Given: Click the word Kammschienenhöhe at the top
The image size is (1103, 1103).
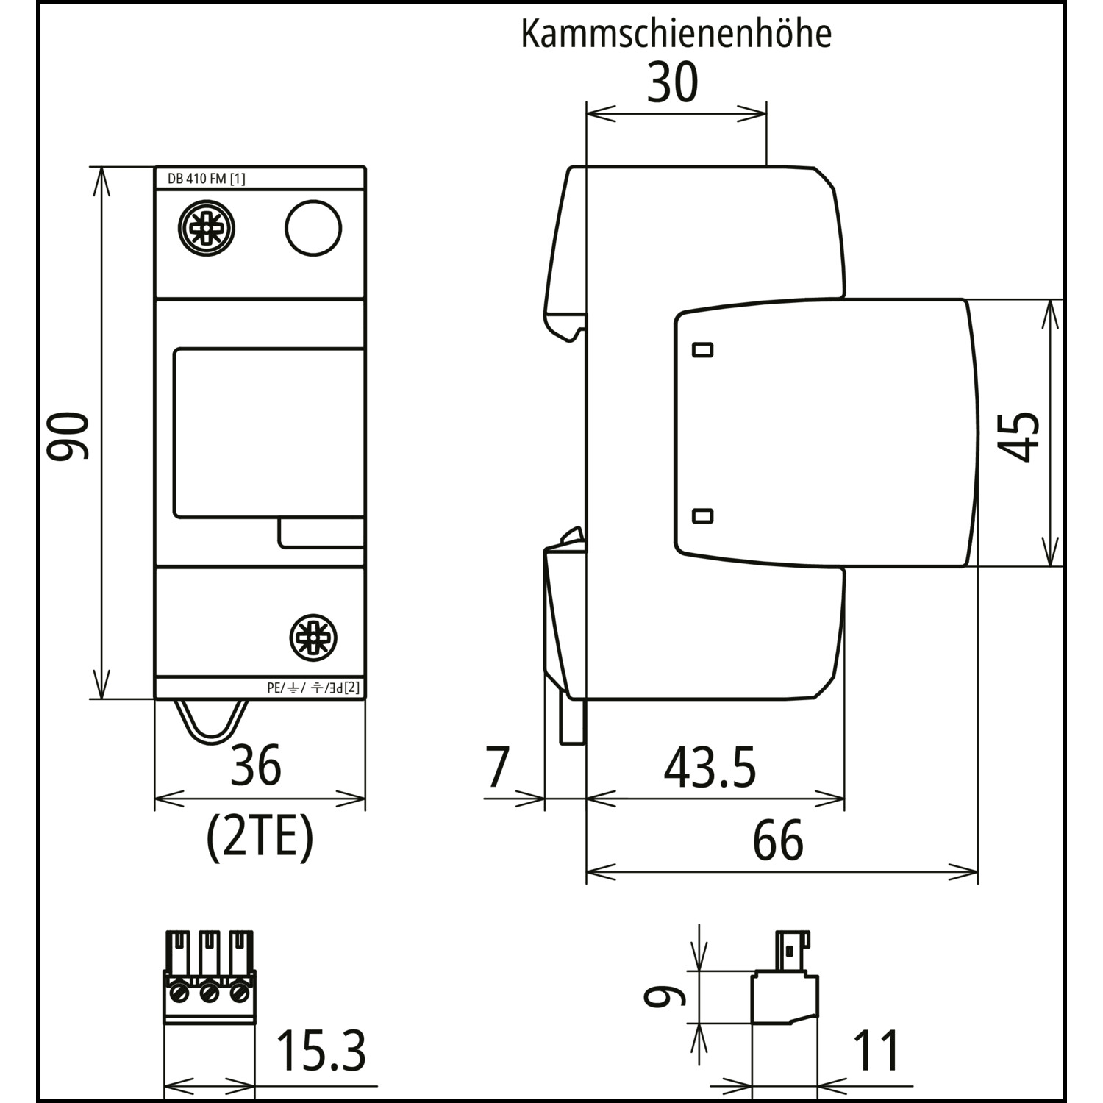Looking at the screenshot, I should (x=676, y=34).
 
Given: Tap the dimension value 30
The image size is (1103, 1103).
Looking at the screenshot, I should (x=672, y=83).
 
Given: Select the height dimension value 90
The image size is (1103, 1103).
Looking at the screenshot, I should (x=68, y=435).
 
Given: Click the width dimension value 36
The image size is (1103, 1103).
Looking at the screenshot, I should (x=256, y=765).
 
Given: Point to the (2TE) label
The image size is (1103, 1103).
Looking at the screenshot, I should (x=260, y=838).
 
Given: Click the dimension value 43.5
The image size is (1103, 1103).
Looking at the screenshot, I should (x=710, y=768).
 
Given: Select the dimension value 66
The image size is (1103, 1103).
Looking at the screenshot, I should (x=778, y=840).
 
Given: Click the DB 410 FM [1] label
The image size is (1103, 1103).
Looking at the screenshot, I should (x=196, y=179).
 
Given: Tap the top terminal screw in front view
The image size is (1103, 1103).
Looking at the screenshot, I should (x=207, y=228).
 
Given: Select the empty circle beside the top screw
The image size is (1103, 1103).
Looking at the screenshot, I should (x=313, y=228).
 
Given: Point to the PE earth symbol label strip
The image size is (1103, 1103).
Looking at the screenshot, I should (x=313, y=688).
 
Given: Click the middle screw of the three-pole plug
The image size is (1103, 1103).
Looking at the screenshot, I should (x=210, y=994).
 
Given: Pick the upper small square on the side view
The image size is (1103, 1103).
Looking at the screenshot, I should (x=704, y=349).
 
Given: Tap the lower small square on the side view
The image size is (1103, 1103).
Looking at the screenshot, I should (x=704, y=515).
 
